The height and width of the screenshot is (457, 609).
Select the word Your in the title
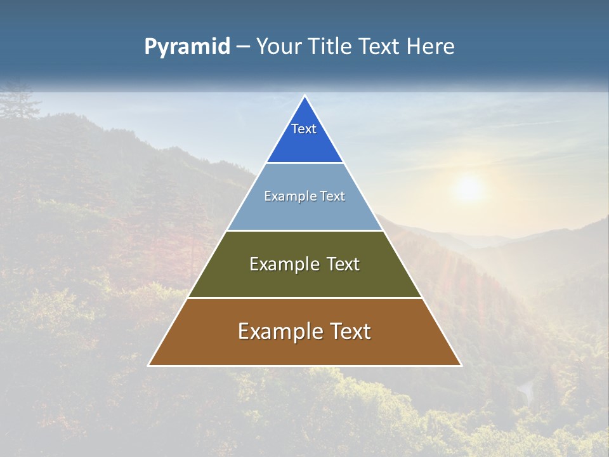click(280, 47)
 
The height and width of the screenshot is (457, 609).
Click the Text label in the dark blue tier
click(304, 129)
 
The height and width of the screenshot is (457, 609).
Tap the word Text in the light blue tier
click(333, 196)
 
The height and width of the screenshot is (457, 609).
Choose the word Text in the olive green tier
click(343, 264)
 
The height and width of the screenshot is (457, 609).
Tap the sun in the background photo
click(469, 188)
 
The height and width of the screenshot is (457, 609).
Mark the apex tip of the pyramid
click(304, 96)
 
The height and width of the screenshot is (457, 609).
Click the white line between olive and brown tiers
click(304, 298)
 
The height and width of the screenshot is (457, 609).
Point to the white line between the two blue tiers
click(304, 162)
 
